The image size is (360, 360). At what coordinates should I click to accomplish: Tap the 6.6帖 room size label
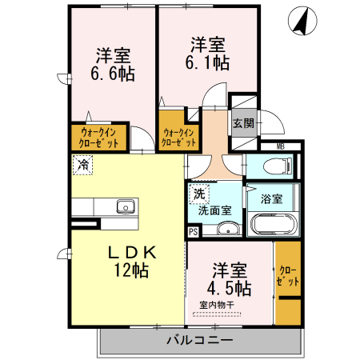[114, 74]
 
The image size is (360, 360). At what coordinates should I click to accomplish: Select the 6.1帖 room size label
[207, 61]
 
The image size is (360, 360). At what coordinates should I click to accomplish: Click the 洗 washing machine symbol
[198, 193]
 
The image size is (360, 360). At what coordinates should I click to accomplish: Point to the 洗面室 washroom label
[214, 210]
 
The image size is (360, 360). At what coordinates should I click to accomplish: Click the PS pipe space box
[193, 232]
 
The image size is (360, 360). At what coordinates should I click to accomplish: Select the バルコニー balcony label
[200, 340]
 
